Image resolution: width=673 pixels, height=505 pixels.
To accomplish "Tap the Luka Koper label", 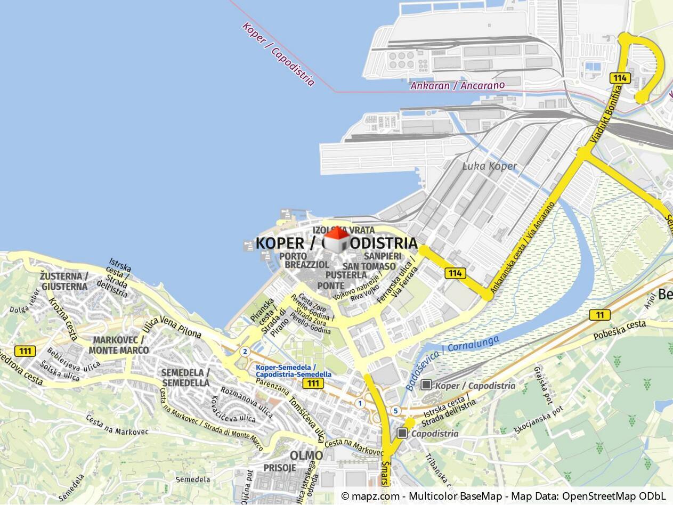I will pos(489,166).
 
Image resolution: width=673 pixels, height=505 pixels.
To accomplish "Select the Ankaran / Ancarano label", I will pos(457,85).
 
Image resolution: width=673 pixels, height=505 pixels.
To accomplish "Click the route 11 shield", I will pos(599,315).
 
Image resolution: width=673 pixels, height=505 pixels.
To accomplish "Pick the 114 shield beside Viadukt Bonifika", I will pos(620,78).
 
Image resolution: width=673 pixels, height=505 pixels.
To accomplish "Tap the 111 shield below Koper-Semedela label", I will pos(312,384).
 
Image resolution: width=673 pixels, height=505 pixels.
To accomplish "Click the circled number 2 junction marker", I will pos(245,352).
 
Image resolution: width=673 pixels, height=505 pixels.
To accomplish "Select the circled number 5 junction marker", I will pos(395,411).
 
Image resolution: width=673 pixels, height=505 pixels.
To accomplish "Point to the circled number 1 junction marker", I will pos(360,403).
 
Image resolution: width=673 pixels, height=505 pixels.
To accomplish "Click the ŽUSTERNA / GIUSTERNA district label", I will pos(63,281).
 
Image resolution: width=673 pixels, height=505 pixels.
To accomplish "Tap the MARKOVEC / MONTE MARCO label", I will pos(119,345).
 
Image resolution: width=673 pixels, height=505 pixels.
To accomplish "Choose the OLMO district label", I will pos(306,455).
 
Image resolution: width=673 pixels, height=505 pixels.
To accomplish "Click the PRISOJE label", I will pos(279,468).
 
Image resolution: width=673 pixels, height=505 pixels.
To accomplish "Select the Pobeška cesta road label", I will pos(620,330).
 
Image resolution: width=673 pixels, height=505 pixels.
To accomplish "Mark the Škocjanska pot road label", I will pos(538,420).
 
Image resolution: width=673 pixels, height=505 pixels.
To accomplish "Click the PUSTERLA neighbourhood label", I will pos(346,275).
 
